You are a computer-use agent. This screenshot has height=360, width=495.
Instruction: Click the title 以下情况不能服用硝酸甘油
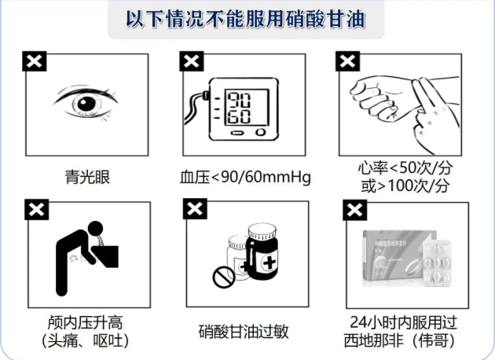click(246, 19)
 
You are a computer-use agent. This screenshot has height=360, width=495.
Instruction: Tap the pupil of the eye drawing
click(86, 103)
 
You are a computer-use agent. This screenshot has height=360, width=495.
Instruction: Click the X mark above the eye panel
click(35, 61)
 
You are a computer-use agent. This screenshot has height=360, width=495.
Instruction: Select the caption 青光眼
click(87, 177)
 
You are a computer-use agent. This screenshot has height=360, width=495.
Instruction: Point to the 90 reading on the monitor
click(240, 100)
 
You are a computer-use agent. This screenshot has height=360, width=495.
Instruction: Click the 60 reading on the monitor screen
click(240, 116)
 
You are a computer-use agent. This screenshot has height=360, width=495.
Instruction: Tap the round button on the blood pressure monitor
click(260, 132)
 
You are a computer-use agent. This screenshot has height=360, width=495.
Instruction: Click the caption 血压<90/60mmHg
click(245, 177)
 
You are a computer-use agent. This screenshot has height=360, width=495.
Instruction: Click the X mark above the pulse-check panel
click(347, 61)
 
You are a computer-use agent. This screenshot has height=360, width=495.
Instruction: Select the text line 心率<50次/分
click(405, 167)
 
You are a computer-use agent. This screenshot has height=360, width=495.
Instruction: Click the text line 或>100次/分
click(405, 186)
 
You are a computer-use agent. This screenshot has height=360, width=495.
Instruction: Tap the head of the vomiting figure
click(95, 229)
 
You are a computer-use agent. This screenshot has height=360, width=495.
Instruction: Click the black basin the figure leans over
click(106, 255)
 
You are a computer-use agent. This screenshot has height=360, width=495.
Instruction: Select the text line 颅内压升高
click(85, 322)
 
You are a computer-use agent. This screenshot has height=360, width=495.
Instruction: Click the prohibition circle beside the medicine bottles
click(223, 277)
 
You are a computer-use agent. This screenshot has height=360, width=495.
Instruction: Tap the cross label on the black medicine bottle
click(269, 262)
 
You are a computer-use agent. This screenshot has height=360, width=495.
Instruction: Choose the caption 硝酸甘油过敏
click(244, 332)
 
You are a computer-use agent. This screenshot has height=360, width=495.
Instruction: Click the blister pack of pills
click(437, 262)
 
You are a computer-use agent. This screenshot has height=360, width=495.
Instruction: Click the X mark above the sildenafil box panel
click(355, 210)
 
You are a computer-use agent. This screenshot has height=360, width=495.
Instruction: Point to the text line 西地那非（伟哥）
click(400, 340)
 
